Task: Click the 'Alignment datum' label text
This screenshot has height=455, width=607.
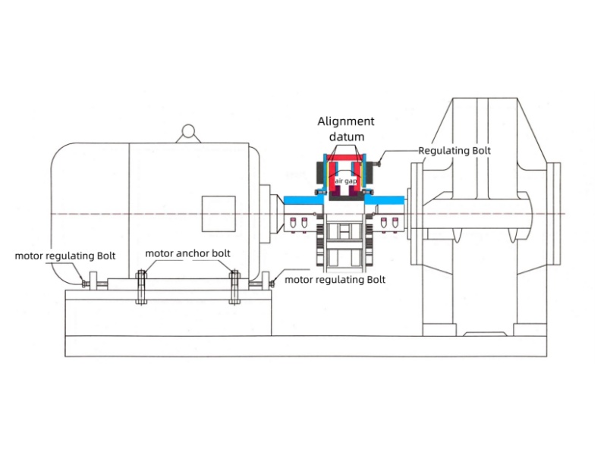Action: [346, 128]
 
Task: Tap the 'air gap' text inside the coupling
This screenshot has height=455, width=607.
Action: [346, 182]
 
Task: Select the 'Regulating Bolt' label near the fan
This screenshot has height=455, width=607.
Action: [454, 151]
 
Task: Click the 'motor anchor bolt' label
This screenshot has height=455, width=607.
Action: [187, 253]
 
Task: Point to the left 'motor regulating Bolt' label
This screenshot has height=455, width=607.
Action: [65, 256]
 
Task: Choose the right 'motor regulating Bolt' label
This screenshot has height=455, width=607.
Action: [335, 280]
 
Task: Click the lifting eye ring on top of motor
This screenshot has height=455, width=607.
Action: [186, 133]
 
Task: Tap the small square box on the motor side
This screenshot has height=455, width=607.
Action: [218, 213]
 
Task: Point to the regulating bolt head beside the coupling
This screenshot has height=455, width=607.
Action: [379, 162]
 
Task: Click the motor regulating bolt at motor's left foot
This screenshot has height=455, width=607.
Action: [85, 285]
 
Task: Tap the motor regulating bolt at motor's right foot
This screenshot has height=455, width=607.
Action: [271, 284]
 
